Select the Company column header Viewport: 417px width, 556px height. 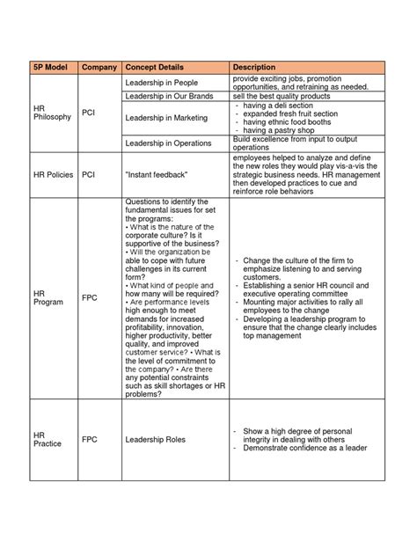click(x=99, y=68)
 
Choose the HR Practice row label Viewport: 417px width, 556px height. click(x=48, y=438)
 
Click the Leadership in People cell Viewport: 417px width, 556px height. click(x=164, y=81)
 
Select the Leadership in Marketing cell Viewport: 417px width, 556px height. click(x=168, y=116)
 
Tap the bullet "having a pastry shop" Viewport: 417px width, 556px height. click(x=281, y=130)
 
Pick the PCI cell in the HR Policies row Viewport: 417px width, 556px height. click(x=88, y=174)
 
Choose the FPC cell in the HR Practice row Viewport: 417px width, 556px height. click(x=90, y=438)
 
